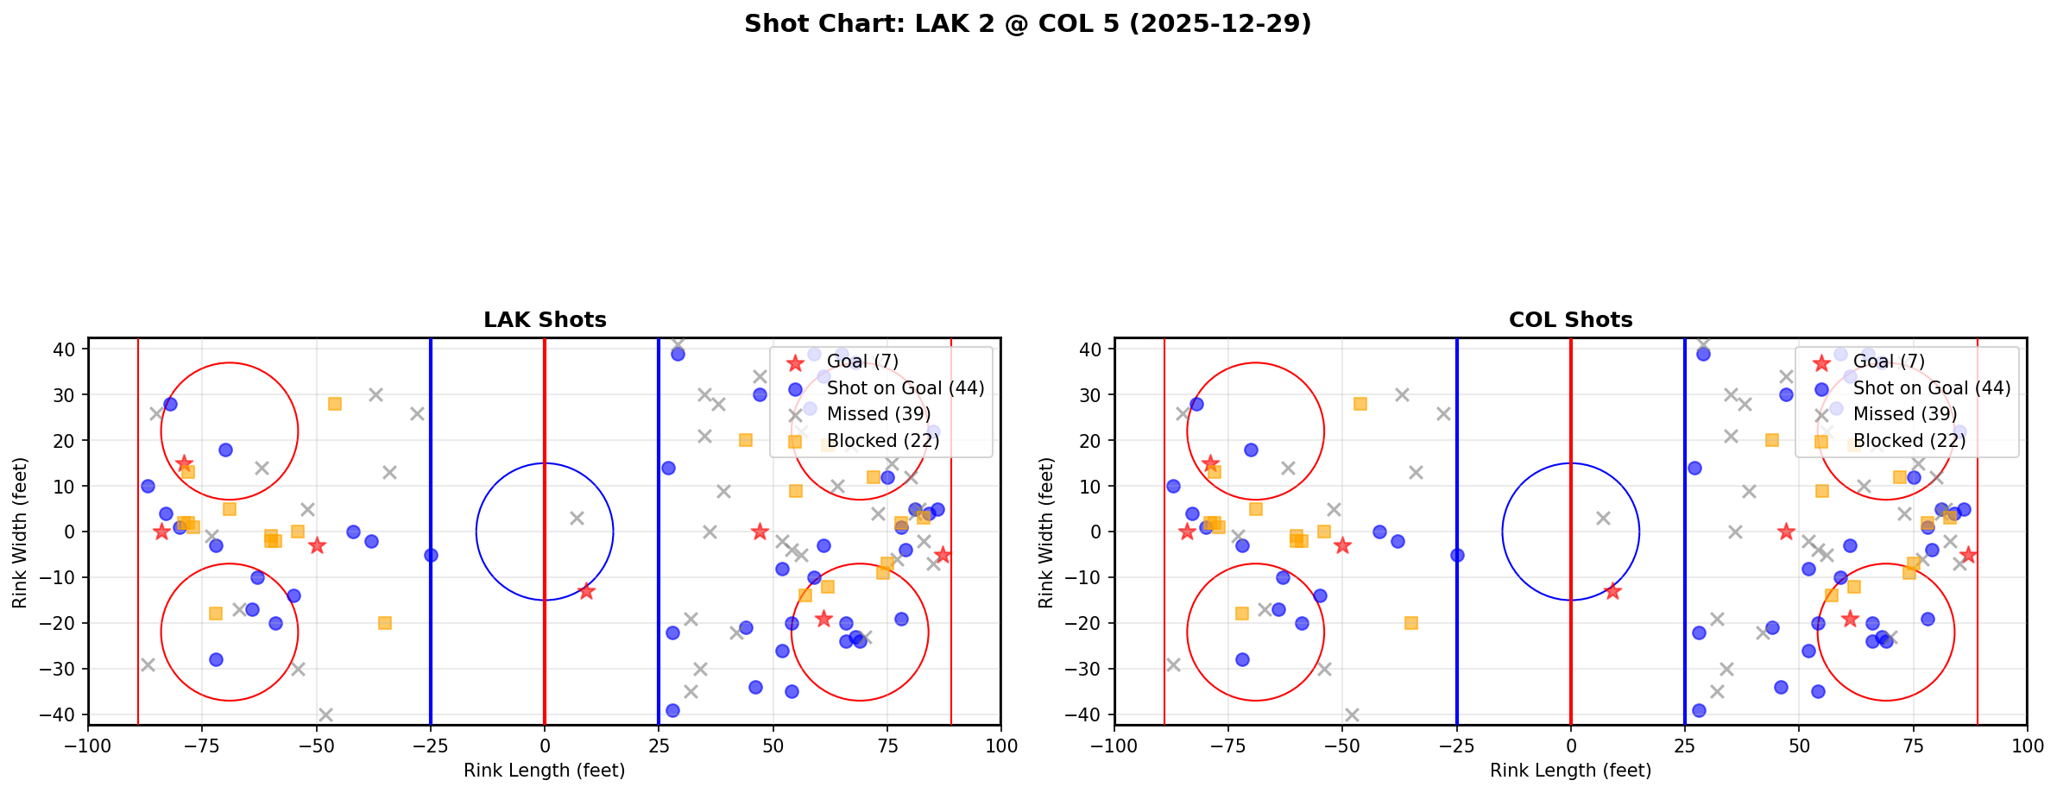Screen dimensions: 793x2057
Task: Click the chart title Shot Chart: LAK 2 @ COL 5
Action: coord(1027,24)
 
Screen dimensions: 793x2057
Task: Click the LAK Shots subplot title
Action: coord(545,320)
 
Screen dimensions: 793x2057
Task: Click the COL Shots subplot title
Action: coord(1570,320)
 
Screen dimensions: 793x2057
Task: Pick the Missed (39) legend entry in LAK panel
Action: coord(878,414)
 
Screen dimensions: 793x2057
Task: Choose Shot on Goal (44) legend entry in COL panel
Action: coord(1931,388)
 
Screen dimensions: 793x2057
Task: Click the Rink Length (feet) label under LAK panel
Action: coord(545,771)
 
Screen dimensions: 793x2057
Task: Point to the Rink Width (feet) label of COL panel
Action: coord(1046,532)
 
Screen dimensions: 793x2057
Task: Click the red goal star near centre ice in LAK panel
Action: coord(586,591)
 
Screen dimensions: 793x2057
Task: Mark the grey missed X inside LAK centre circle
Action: coord(577,518)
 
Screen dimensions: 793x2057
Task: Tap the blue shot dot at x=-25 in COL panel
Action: coord(1457,555)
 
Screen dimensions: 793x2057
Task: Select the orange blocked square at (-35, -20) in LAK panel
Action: coord(385,623)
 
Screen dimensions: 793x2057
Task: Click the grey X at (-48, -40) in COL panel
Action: coord(1352,714)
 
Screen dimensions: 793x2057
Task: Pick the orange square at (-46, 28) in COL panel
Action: coord(1360,404)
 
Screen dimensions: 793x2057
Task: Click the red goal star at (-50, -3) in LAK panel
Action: coord(317,545)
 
